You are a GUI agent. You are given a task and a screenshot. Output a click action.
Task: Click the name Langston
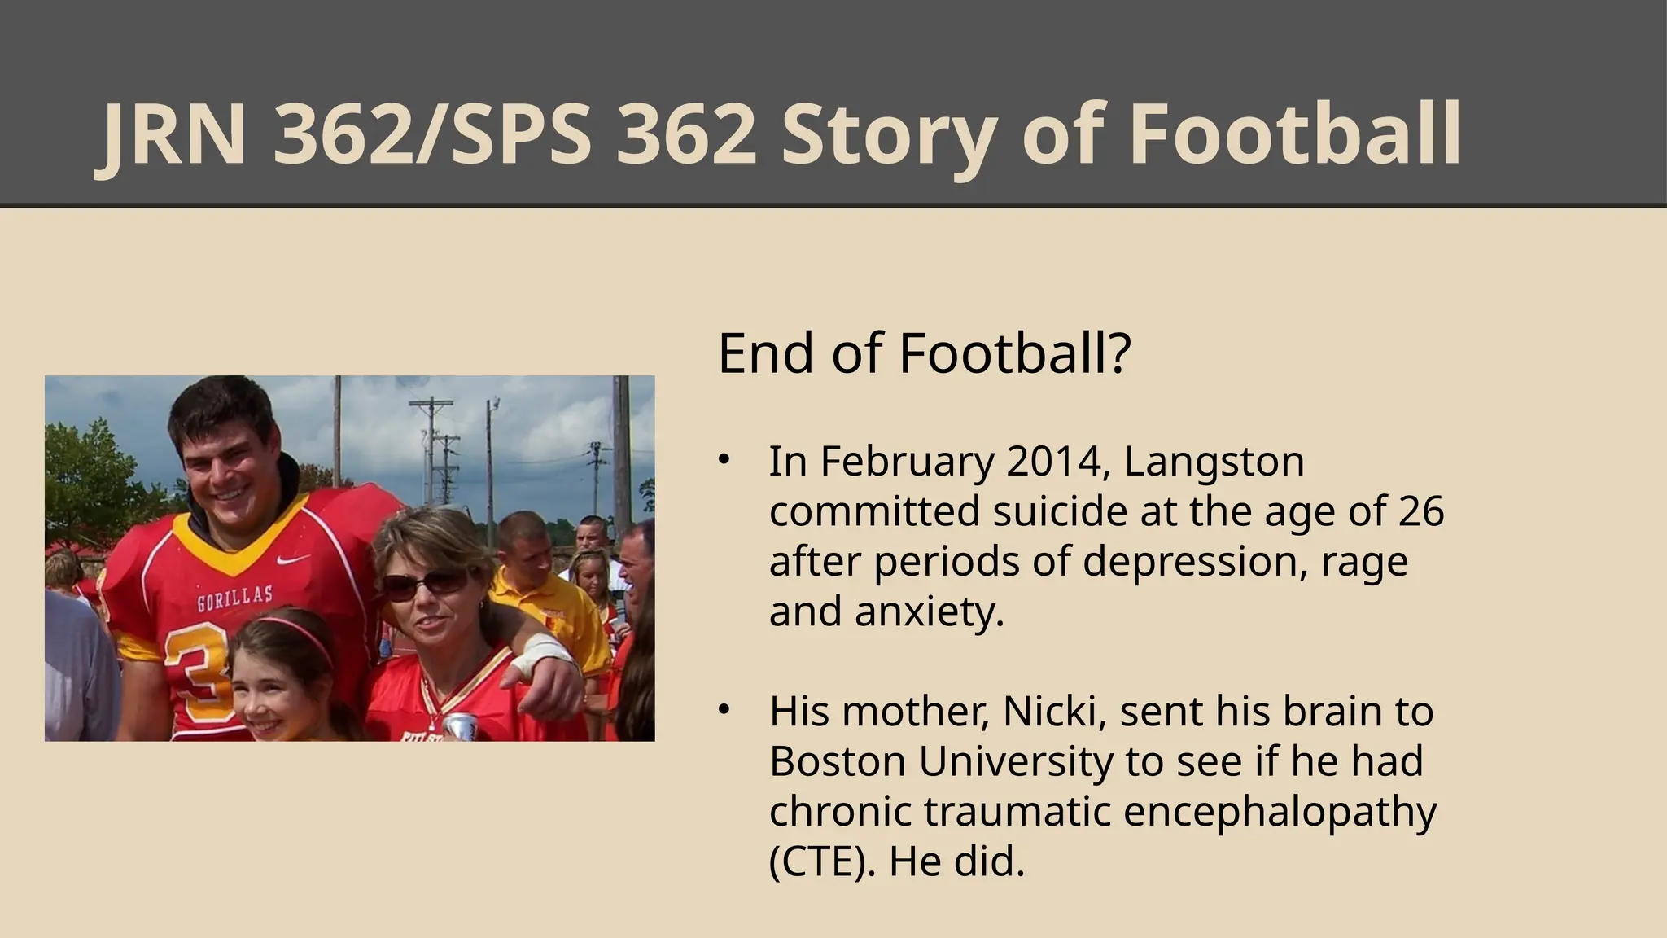pos(1214,462)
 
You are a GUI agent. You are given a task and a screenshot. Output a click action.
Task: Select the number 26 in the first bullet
pos(1421,512)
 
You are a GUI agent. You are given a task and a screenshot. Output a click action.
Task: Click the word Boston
pos(837,762)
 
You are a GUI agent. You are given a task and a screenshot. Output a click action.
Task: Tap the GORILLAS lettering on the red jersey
pos(234,598)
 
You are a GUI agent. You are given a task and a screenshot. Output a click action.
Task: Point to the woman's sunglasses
pos(425,584)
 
